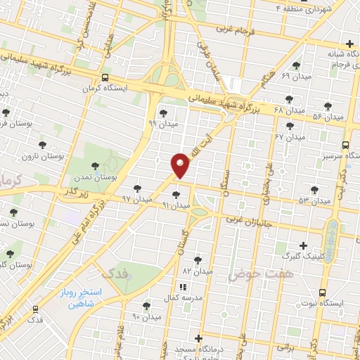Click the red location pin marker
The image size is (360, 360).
coord(181,165)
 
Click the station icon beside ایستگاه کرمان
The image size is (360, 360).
coord(105,78)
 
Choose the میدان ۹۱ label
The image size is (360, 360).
coord(176,205)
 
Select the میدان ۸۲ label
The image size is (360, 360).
coord(197,270)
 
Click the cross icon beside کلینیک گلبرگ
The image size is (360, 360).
coord(304,245)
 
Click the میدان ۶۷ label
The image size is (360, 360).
coord(289,135)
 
